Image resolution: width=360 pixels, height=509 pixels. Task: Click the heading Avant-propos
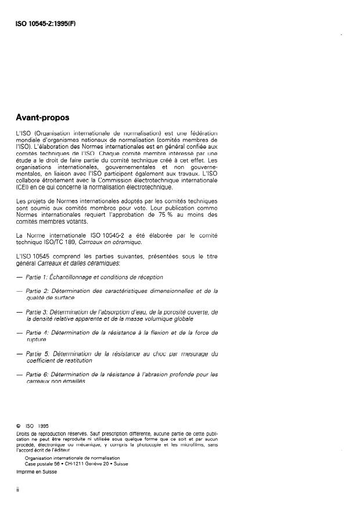(x=42, y=117)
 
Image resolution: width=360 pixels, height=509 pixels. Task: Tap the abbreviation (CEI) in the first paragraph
(x=25, y=187)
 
